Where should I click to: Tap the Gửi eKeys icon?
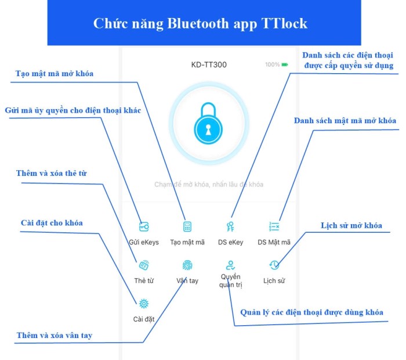[144, 226]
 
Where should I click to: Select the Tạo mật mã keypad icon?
[187, 226]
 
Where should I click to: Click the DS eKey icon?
[230, 226]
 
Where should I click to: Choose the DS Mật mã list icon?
[274, 226]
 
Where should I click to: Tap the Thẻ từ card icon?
[144, 265]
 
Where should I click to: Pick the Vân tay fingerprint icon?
[187, 265]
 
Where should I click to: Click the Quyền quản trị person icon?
[230, 265]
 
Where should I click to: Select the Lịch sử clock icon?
[274, 265]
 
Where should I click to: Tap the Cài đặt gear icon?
[144, 303]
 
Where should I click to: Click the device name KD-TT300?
[209, 64]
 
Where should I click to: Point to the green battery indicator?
[285, 64]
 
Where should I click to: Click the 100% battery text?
[272, 64]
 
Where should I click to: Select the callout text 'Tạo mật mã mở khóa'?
[54, 74]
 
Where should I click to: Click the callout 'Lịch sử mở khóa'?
[351, 225]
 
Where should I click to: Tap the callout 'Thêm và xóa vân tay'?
[54, 335]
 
